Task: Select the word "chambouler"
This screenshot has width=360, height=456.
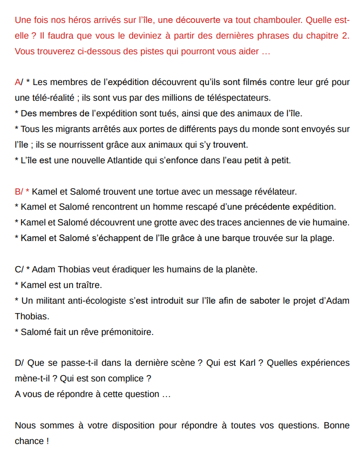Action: pos(278,20)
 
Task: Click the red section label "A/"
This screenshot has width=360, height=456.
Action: pos(19,82)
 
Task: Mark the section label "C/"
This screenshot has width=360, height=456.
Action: pos(19,270)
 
